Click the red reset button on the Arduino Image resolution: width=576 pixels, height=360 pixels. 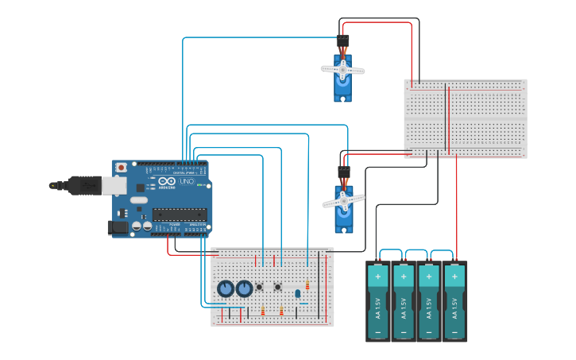coord(121,168)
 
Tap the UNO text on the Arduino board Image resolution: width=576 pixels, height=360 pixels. coord(186,182)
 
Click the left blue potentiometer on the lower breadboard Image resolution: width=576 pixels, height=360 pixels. coord(226,288)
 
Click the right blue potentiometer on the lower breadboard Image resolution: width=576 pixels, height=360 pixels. coord(244,288)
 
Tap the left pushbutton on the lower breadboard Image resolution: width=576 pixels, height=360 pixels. coord(260,287)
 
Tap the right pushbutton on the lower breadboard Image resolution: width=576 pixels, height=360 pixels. coord(277,287)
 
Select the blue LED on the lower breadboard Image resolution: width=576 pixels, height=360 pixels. coord(297,293)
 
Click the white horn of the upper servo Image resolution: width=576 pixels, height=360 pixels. coord(343,70)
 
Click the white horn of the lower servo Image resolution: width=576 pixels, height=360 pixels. coord(343,201)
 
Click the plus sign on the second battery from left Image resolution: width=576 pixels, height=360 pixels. coord(404,277)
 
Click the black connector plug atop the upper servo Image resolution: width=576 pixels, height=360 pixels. coord(343,41)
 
